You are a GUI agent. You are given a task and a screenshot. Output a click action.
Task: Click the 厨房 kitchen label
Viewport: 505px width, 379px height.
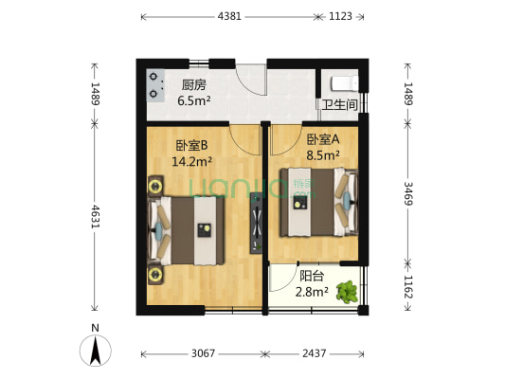click(195, 83)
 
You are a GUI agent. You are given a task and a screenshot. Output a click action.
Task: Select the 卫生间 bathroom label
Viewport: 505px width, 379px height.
click(338, 105)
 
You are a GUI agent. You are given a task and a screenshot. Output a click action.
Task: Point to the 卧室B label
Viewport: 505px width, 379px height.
click(191, 147)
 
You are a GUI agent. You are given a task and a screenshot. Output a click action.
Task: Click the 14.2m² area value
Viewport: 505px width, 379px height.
click(191, 161)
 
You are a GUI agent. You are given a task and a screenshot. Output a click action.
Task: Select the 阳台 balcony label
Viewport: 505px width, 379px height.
click(312, 277)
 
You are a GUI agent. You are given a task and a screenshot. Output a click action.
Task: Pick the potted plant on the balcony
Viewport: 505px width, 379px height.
click(349, 290)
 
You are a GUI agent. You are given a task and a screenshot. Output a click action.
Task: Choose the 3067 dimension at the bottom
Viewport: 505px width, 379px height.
click(203, 353)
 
